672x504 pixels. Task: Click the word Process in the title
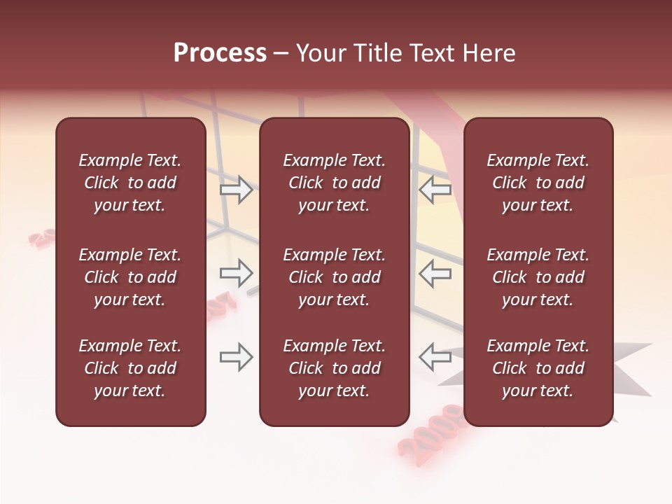click(x=220, y=53)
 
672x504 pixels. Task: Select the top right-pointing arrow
click(x=237, y=190)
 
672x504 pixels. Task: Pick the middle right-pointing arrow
click(x=237, y=274)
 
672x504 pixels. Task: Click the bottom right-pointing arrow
click(x=237, y=358)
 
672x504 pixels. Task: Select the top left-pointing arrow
click(x=435, y=190)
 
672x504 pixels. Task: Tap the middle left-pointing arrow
click(x=435, y=274)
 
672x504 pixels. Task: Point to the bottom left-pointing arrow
click(x=435, y=358)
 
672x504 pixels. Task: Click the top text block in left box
click(x=130, y=183)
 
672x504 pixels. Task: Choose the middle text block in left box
click(x=130, y=277)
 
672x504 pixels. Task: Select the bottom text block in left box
click(x=130, y=368)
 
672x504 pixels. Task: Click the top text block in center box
click(x=334, y=183)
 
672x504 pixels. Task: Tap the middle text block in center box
click(x=334, y=277)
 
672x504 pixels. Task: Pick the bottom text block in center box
click(x=334, y=368)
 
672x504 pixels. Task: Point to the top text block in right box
click(x=538, y=183)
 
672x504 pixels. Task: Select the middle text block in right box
click(x=538, y=277)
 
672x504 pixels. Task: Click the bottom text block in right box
click(x=538, y=368)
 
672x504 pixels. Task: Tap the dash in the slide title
click(x=281, y=54)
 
